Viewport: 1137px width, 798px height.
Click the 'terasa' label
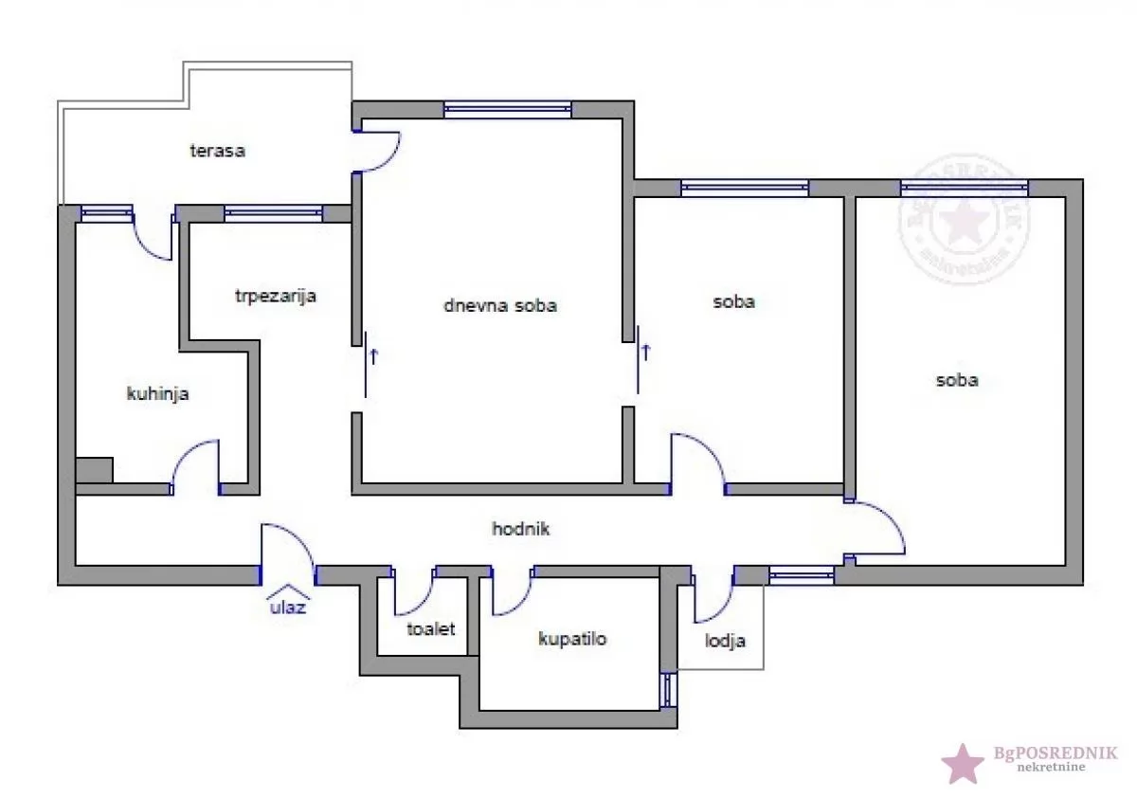click(x=217, y=150)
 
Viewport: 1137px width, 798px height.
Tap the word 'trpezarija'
click(x=275, y=296)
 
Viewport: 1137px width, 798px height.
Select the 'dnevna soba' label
click(x=499, y=305)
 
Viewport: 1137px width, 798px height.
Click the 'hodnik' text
click(x=520, y=529)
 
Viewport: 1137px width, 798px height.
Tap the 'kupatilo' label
click(x=572, y=639)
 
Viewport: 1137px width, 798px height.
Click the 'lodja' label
click(x=725, y=641)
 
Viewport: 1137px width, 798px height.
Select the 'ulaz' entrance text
click(x=287, y=608)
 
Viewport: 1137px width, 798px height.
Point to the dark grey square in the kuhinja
click(x=94, y=470)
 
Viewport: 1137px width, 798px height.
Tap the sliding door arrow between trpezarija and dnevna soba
click(x=373, y=357)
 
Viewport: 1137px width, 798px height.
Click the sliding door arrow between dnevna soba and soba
click(x=646, y=354)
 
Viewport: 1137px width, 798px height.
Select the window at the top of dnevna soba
click(x=508, y=109)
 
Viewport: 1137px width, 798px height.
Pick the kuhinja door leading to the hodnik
click(x=196, y=464)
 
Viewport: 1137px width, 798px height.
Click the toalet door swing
click(x=413, y=593)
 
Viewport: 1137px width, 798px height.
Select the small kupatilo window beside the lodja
click(x=670, y=690)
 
